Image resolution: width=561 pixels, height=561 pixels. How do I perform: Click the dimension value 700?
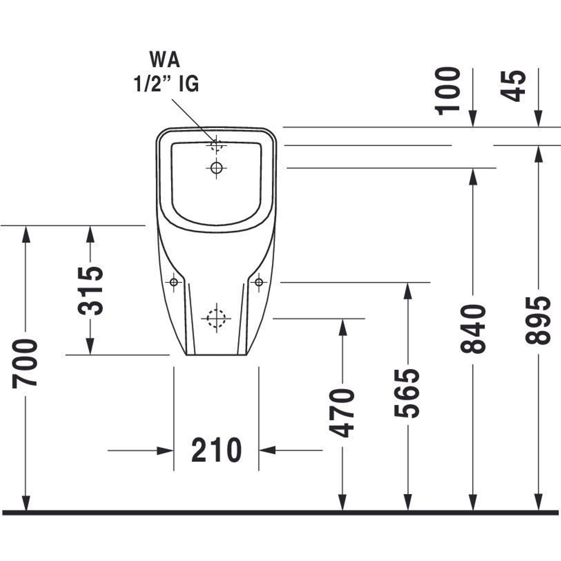pyautogui.click(x=25, y=364)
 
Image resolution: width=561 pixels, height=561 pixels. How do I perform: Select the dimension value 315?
pyautogui.click(x=91, y=291)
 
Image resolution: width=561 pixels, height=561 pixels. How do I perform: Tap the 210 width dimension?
pyautogui.click(x=216, y=450)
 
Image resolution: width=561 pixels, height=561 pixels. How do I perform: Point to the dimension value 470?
pyautogui.click(x=342, y=413)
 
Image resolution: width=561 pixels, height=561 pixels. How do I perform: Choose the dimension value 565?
pyautogui.click(x=407, y=394)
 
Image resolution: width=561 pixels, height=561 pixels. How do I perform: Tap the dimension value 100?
pyautogui.click(x=447, y=91)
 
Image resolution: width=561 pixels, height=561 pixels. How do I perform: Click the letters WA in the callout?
pyautogui.click(x=165, y=60)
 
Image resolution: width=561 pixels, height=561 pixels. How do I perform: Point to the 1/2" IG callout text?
pyautogui.click(x=166, y=84)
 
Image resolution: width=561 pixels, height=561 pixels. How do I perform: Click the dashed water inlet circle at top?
pyautogui.click(x=216, y=145)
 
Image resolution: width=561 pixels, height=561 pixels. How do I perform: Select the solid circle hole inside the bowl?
pyautogui.click(x=216, y=167)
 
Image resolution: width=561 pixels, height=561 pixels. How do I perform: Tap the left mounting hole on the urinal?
pyautogui.click(x=174, y=282)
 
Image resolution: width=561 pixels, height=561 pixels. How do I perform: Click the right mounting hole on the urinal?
pyautogui.click(x=259, y=282)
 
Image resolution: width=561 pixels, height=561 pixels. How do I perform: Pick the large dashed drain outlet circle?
pyautogui.click(x=216, y=318)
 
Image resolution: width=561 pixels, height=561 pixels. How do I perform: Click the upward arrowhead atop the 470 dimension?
pyautogui.click(x=343, y=327)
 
